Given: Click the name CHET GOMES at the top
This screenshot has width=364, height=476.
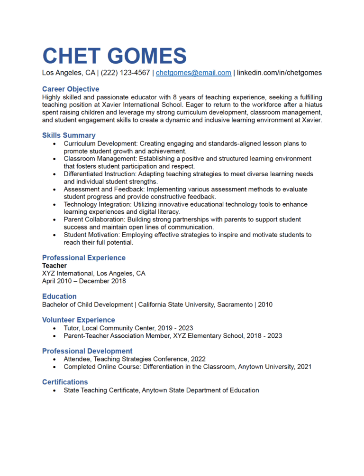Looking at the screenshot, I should click(114, 56).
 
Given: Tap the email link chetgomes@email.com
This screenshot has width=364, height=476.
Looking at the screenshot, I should click(193, 73).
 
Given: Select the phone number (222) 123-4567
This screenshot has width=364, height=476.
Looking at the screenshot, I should click(126, 73).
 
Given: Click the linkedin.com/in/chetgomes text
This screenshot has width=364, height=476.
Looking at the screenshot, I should click(279, 73).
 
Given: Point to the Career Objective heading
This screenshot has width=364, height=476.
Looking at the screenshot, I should click(71, 89).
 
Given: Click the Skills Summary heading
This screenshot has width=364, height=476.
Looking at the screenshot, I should click(69, 135).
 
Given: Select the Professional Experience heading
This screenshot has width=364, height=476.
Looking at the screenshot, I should click(84, 257).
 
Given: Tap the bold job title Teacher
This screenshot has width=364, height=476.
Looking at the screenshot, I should click(55, 266).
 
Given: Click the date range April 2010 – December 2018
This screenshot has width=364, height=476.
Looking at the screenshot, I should click(84, 281).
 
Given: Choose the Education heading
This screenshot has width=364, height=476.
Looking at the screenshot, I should click(59, 296).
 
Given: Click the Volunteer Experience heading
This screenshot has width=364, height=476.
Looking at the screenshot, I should click(79, 320).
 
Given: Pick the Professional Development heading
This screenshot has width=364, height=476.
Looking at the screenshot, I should click(87, 351).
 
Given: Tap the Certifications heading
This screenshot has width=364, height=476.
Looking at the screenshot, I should click(65, 382).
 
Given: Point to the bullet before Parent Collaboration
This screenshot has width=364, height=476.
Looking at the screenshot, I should click(55, 219).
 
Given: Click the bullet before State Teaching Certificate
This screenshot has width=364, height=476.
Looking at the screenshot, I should click(55, 390).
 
